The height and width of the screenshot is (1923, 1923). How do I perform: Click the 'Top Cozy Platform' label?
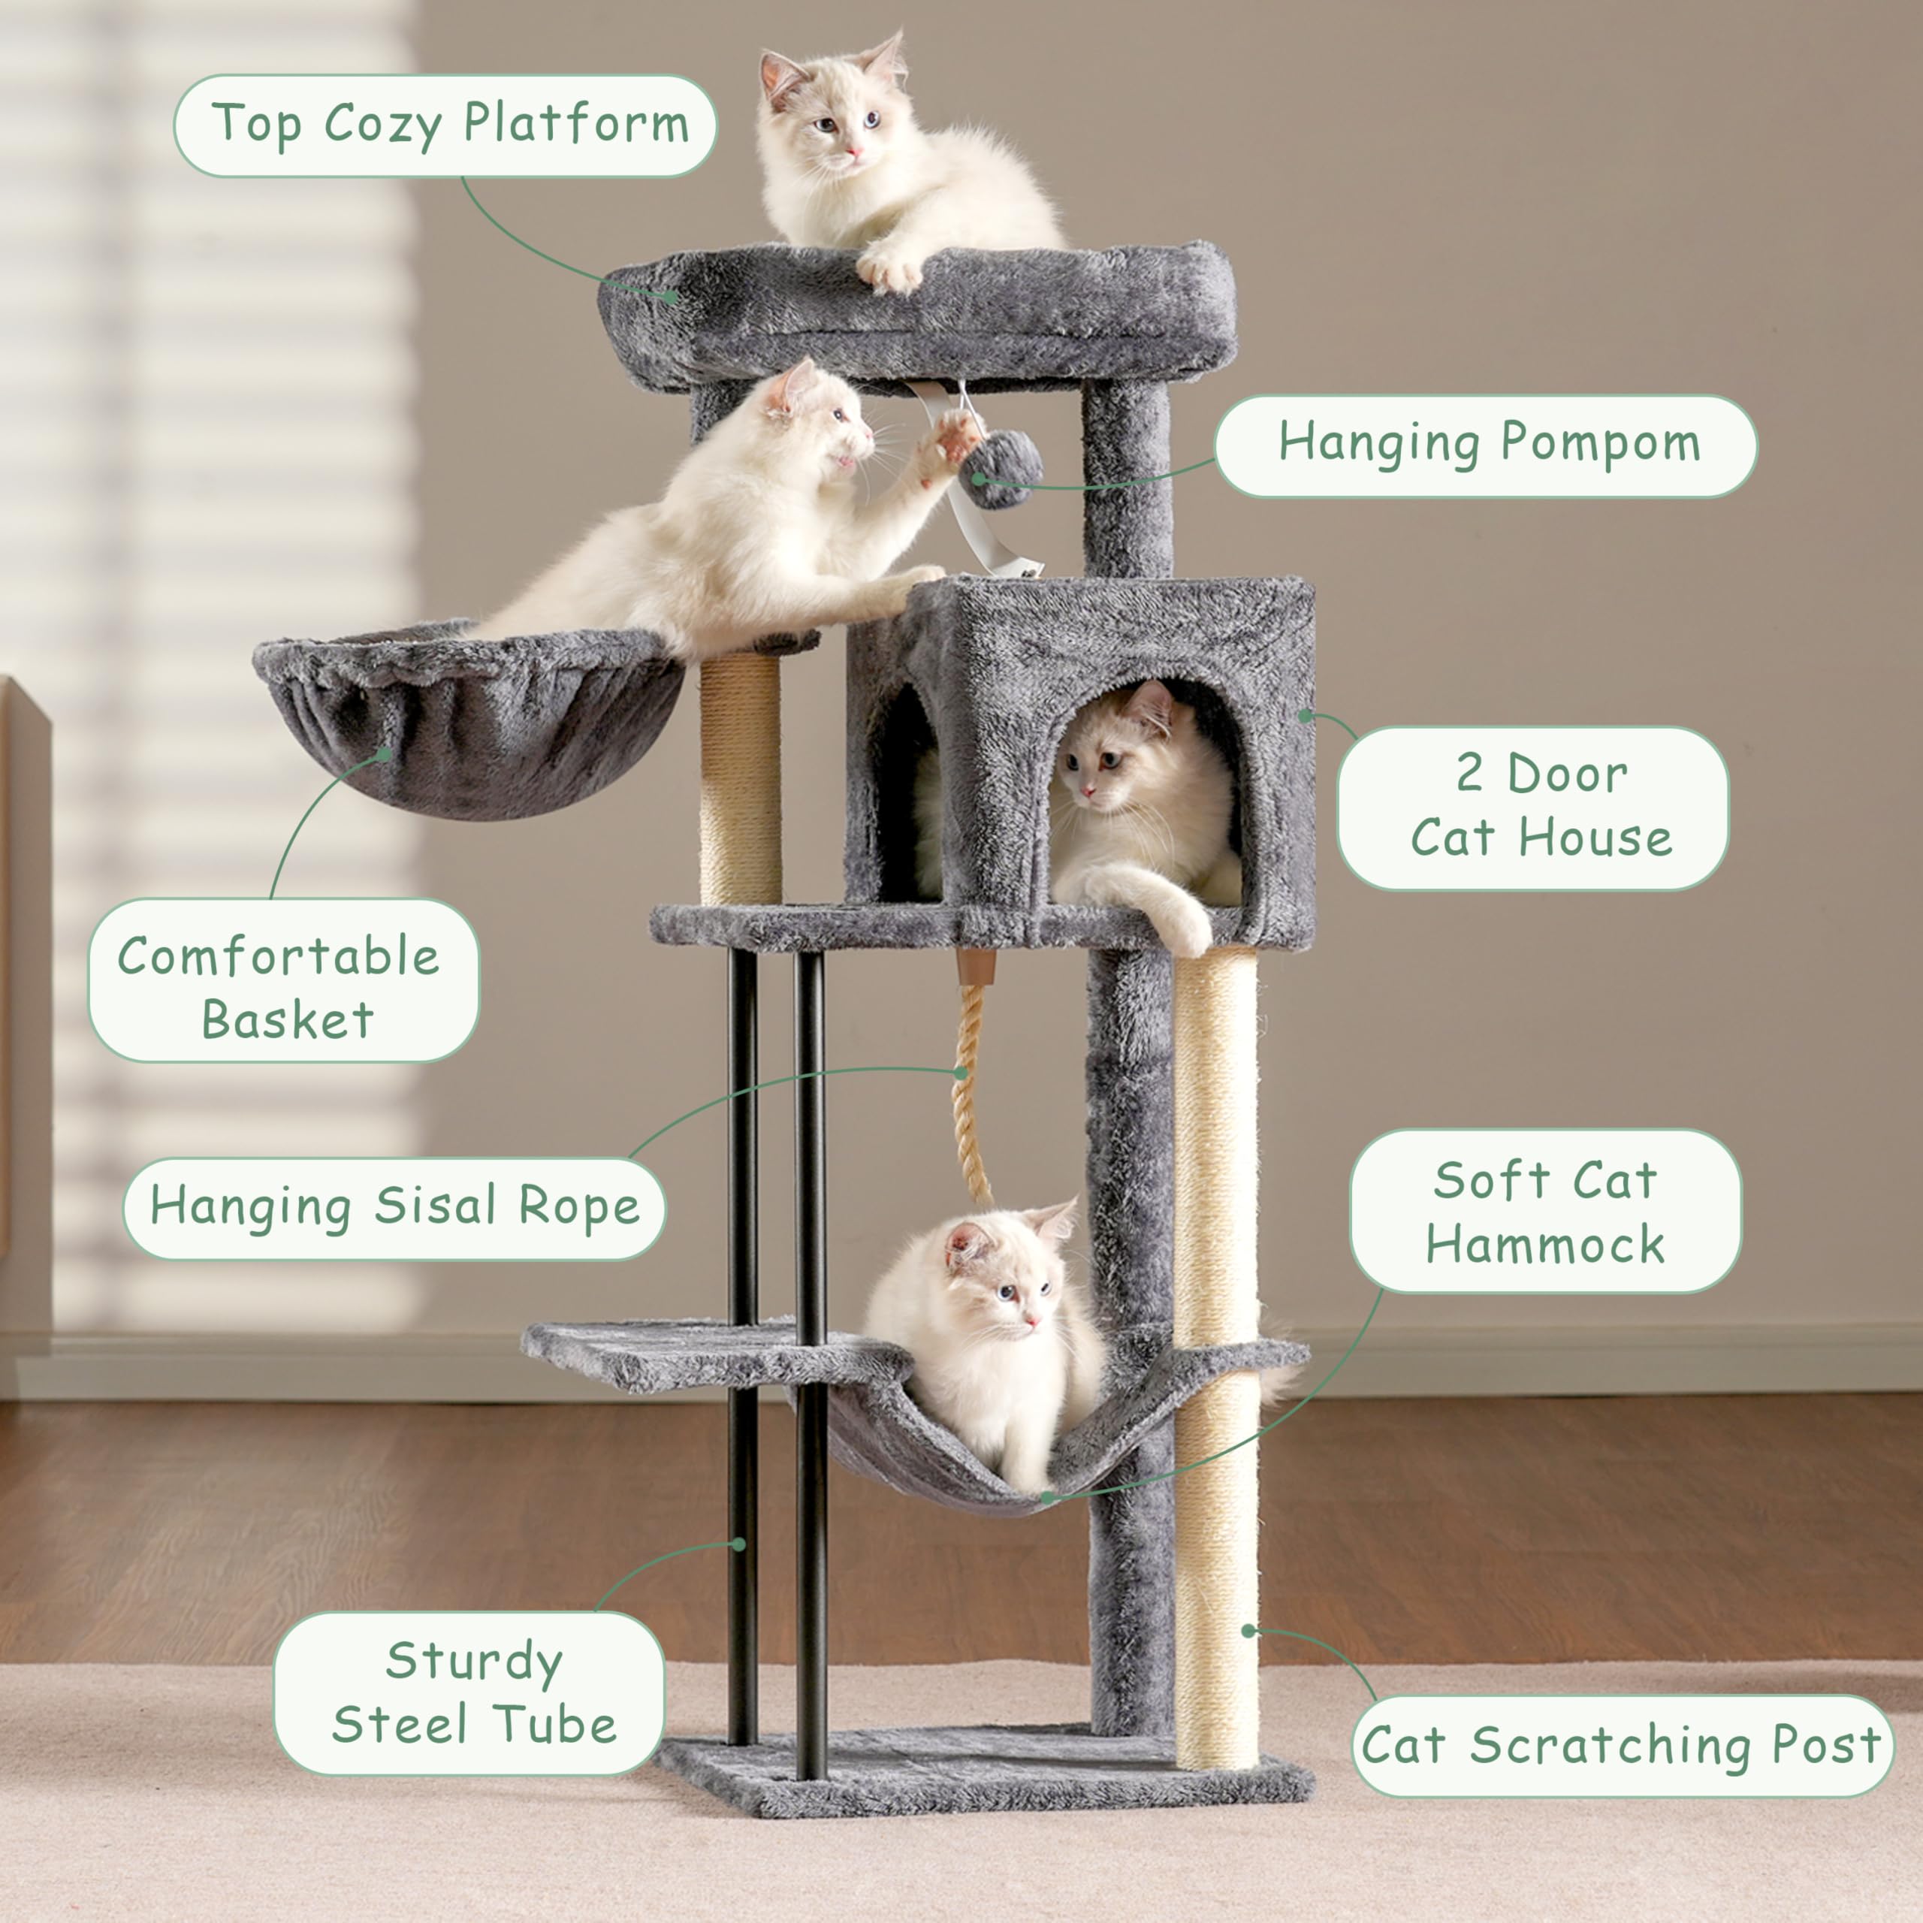pos(445,125)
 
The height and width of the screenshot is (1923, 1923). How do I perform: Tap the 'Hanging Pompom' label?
pos(1485,445)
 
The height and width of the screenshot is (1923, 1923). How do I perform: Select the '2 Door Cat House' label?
pos(1533,808)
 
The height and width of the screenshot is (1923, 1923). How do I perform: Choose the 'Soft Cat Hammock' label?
pos(1544,1212)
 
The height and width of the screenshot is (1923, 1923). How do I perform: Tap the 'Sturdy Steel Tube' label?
pos(469,1693)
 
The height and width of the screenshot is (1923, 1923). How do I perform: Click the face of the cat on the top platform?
pos(838,122)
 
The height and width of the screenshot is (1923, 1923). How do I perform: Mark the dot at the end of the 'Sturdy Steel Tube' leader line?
pos(738,1544)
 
